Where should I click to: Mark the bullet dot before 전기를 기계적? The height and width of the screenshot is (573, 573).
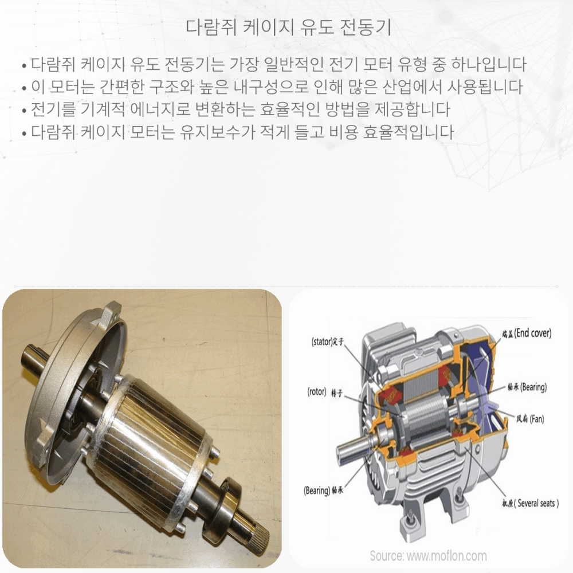point(23,111)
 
